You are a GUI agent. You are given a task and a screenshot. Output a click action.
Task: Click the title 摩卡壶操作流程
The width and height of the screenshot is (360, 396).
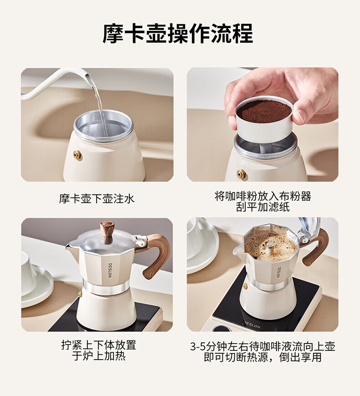coord(178,33)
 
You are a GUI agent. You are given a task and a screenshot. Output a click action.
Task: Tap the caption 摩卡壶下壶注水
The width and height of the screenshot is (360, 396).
coord(97,198)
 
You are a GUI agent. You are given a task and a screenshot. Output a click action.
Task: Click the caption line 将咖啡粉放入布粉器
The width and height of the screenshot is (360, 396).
coord(262,196)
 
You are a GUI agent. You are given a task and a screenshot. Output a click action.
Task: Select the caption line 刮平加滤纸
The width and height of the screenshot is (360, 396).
coord(262,207)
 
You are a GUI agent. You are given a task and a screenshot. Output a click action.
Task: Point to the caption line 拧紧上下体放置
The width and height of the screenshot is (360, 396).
coord(98,345)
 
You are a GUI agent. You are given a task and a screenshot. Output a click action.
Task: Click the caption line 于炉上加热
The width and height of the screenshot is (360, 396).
coord(98,356)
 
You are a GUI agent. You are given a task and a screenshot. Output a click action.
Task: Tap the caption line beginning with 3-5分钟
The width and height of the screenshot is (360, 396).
coord(262,346)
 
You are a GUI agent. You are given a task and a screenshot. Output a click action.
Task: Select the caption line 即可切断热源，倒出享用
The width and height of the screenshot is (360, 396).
coord(262,357)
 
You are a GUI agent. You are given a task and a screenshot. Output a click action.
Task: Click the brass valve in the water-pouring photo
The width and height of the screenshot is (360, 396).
coord(77,154)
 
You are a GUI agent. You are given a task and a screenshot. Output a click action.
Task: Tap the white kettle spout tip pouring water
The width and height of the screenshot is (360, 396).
coord(87,76)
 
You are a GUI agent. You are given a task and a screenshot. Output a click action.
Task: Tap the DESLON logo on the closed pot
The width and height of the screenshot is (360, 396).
coord(110,270)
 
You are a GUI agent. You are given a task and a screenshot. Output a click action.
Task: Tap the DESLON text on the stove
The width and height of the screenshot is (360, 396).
coord(252,325)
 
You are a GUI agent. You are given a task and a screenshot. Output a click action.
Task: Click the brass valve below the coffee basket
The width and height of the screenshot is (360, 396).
coord(241,174)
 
